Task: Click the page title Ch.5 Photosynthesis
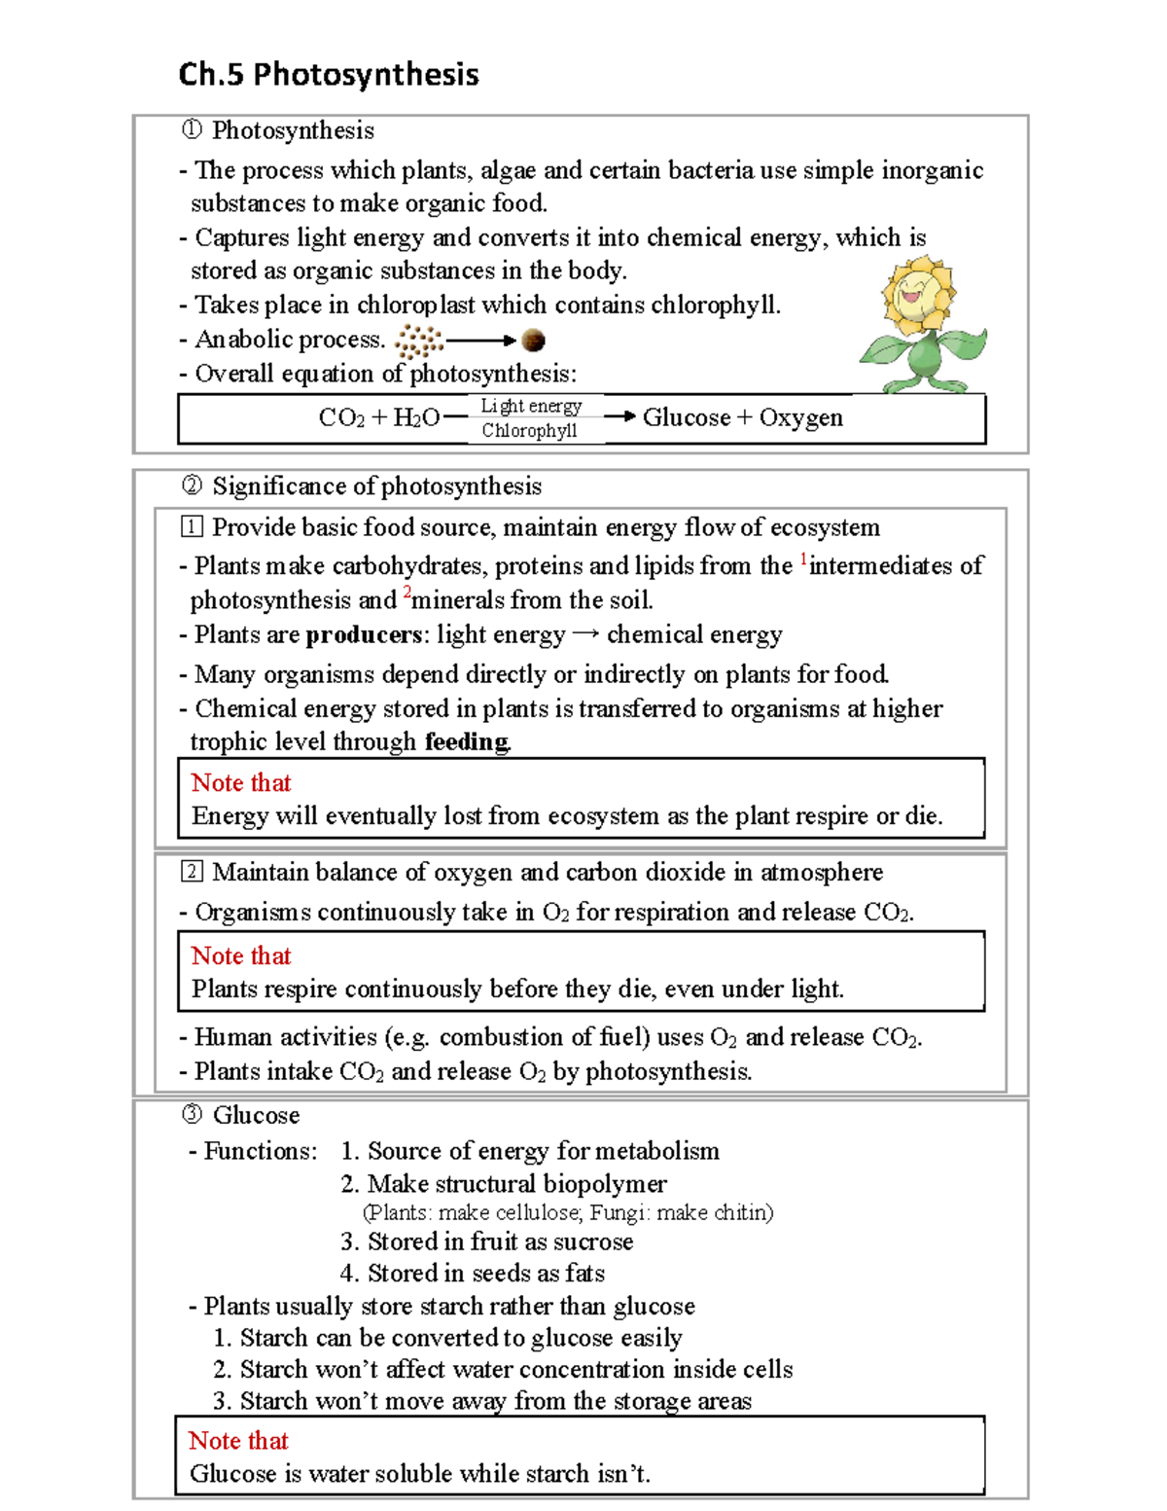coord(329,75)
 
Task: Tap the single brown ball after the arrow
coord(533,341)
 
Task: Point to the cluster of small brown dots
coord(419,342)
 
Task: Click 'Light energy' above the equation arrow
coord(531,406)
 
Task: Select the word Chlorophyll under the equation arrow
coord(529,431)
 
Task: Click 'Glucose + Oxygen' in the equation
coord(742,417)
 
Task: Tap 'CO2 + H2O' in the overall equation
coord(378,418)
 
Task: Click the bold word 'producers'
coord(364,635)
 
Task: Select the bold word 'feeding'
coord(467,742)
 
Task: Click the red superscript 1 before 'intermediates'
coord(803,559)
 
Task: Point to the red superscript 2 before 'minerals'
coord(407,593)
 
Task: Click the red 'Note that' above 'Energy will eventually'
coord(241,783)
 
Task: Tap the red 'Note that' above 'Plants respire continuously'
coord(241,956)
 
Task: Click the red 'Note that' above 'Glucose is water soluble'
coord(238,1441)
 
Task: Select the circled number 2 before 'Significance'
coord(192,486)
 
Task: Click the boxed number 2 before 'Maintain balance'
coord(192,872)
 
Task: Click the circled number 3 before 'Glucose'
coord(192,1115)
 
